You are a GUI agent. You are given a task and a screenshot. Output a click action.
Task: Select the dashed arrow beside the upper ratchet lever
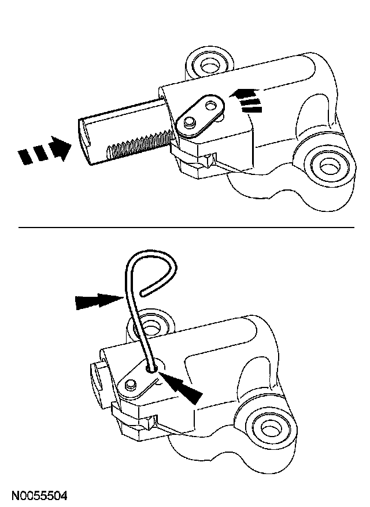tap(246, 98)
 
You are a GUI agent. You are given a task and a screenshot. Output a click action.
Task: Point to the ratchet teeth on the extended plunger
tap(138, 145)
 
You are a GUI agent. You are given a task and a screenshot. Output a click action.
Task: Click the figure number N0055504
tap(39, 495)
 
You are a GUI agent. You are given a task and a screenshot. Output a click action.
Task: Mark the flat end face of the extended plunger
tap(86, 139)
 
